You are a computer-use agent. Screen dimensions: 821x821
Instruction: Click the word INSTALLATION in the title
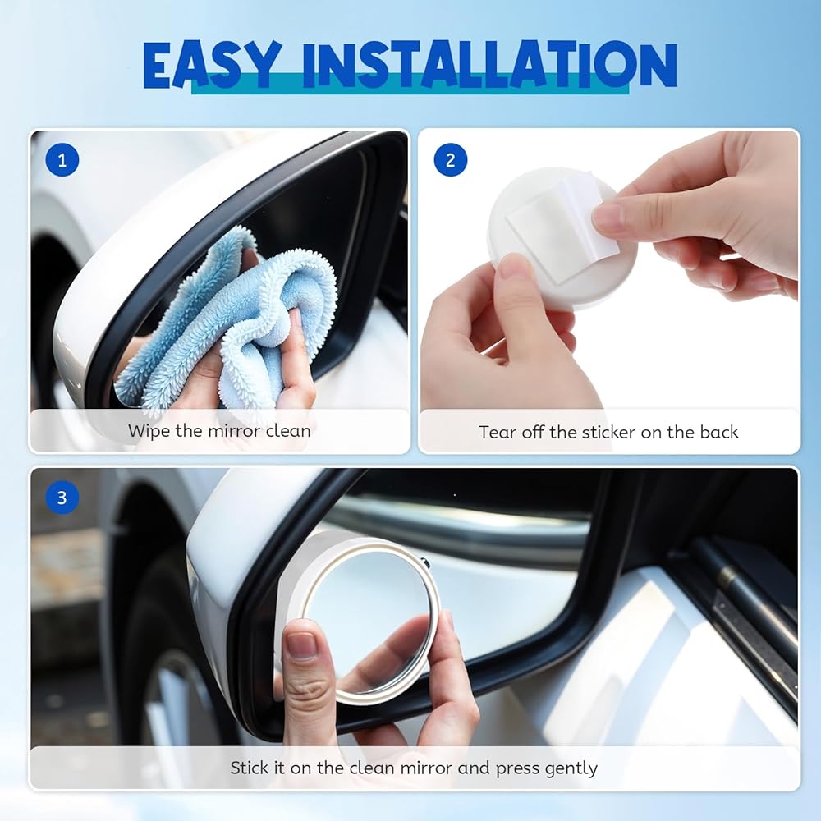[490, 64]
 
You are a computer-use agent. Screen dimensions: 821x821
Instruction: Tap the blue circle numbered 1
[62, 160]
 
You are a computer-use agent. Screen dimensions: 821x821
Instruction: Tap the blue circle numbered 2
[450, 160]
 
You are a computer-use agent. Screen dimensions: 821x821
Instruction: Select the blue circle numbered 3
[62, 498]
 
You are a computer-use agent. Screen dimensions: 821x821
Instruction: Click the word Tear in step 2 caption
[495, 432]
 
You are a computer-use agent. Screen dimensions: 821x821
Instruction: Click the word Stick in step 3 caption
[250, 768]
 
